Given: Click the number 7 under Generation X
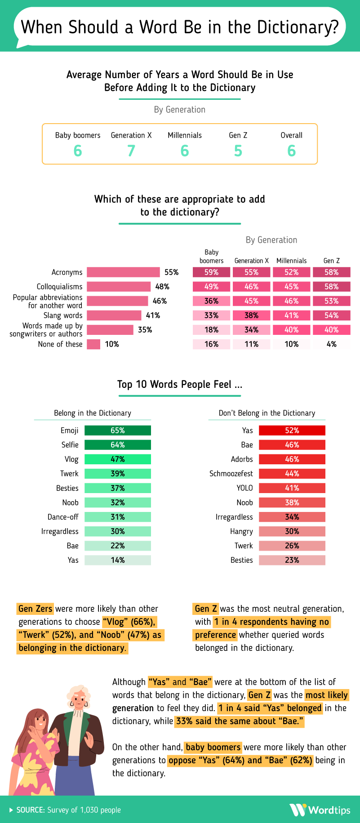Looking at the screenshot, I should [131, 151].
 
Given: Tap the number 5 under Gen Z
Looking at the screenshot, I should [238, 151].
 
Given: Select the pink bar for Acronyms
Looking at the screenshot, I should [123, 272].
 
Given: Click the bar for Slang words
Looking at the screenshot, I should [114, 316].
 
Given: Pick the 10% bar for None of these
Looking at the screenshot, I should [93, 344].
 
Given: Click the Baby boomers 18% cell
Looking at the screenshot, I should [211, 330].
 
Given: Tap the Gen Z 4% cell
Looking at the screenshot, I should [332, 344].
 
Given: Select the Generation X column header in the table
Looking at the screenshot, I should [252, 261].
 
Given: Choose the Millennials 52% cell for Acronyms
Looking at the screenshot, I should [292, 272].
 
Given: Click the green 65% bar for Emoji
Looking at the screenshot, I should [118, 431].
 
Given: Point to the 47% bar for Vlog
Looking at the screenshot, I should [118, 459].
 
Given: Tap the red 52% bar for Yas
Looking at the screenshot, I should [292, 431].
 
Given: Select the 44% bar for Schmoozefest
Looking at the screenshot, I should [292, 474].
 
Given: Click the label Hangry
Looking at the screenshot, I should [241, 531].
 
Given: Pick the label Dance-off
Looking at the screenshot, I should [63, 517].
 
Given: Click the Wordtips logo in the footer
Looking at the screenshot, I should [320, 810].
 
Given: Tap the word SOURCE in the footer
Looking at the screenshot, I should [30, 810].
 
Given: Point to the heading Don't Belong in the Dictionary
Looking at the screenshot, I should [267, 413].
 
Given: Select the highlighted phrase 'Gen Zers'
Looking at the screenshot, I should [36, 609].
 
